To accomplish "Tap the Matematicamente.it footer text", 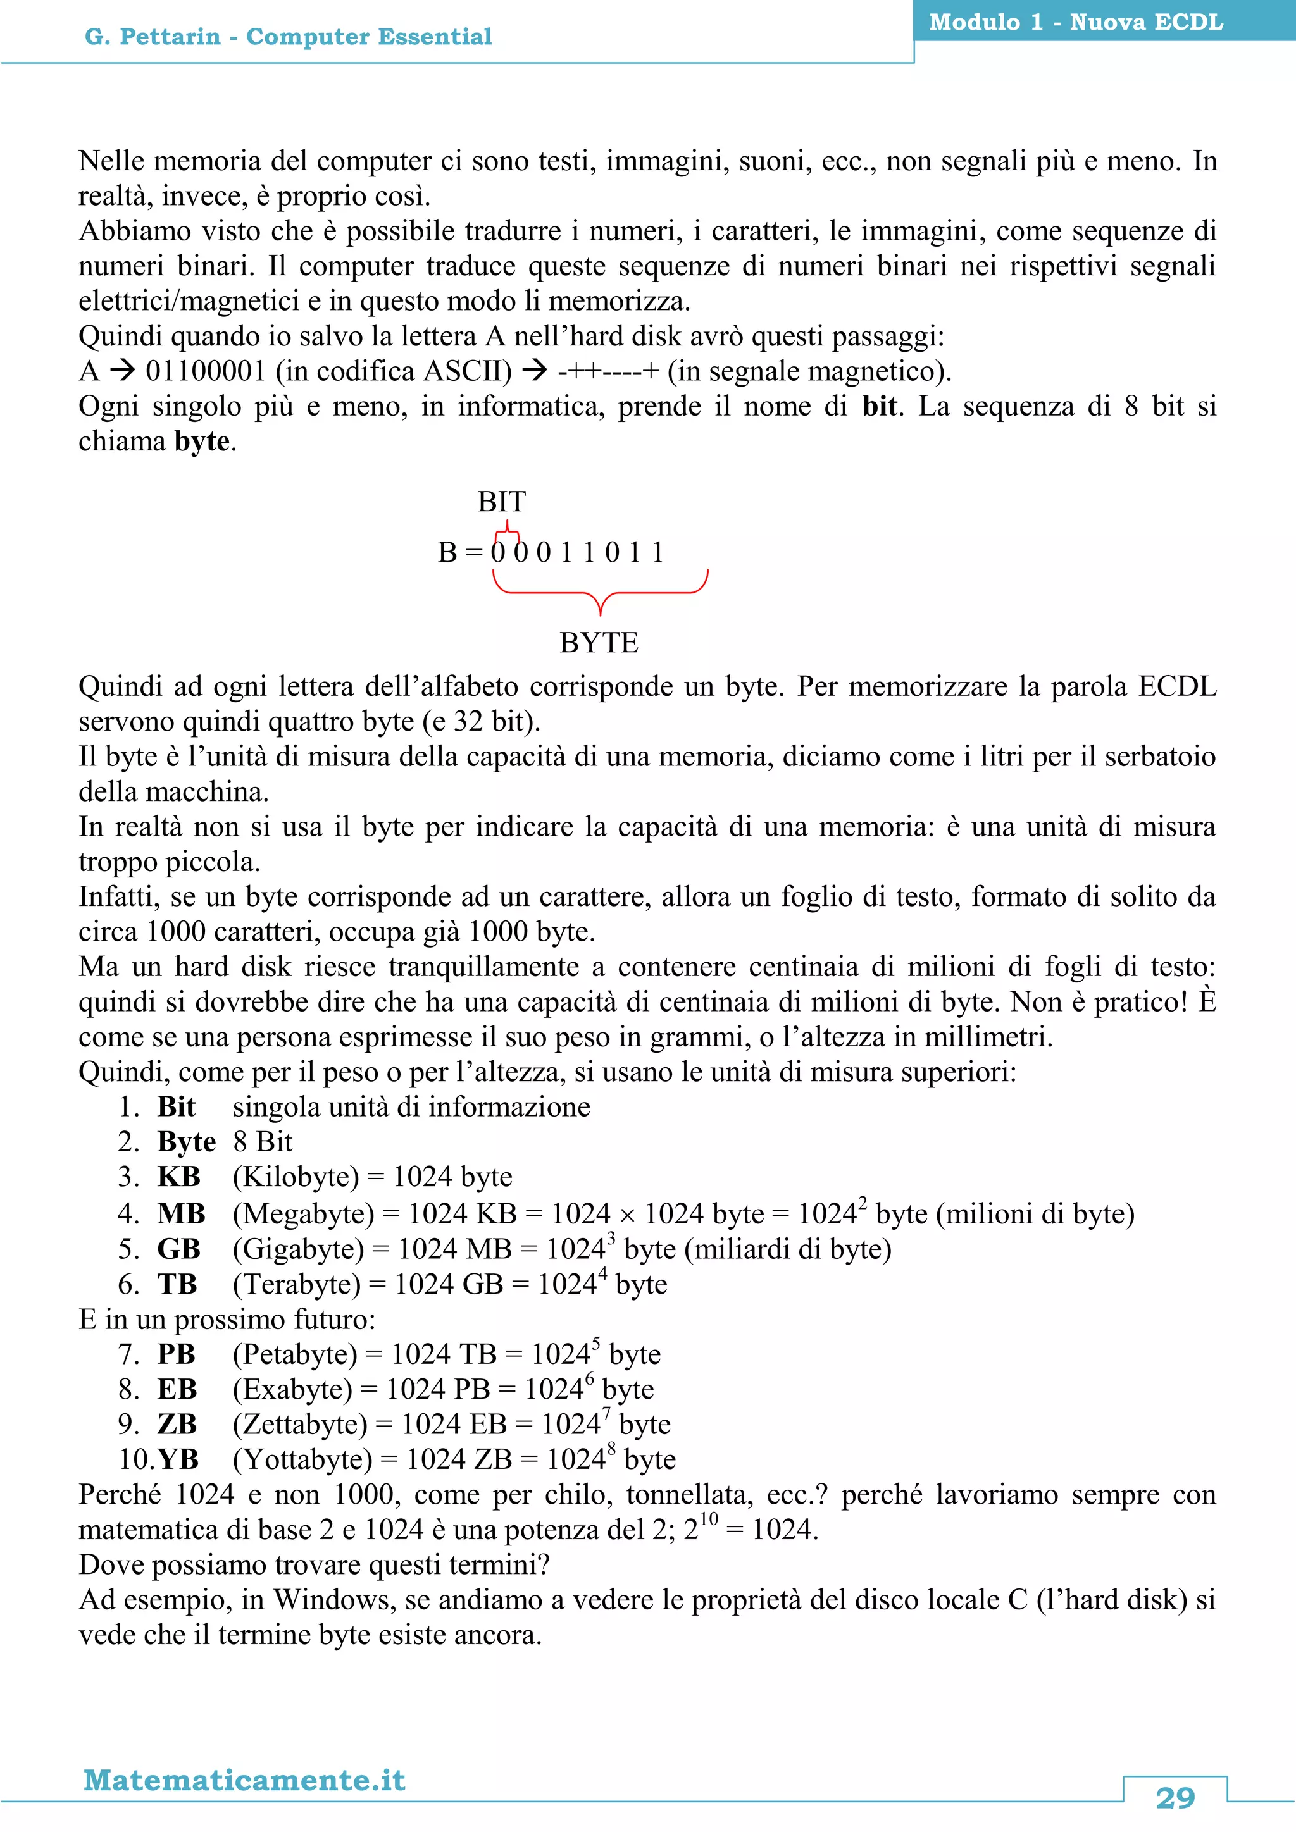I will [244, 1780].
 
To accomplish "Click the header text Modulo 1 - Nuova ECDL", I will [1076, 22].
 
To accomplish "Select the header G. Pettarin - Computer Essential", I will [288, 37].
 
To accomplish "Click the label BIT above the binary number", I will [501, 501].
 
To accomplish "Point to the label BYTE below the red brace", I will [599, 642].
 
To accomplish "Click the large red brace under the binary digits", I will [600, 591].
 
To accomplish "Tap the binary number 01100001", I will [205, 371].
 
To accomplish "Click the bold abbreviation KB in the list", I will [178, 1177].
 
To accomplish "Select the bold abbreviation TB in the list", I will [177, 1284].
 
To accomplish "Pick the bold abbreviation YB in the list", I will [177, 1459].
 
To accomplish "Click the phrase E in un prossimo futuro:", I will [227, 1319].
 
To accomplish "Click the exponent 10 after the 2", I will [709, 1518].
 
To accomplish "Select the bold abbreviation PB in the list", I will [177, 1354].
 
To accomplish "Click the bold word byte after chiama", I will [202, 442].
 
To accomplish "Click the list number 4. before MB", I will [129, 1213].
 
